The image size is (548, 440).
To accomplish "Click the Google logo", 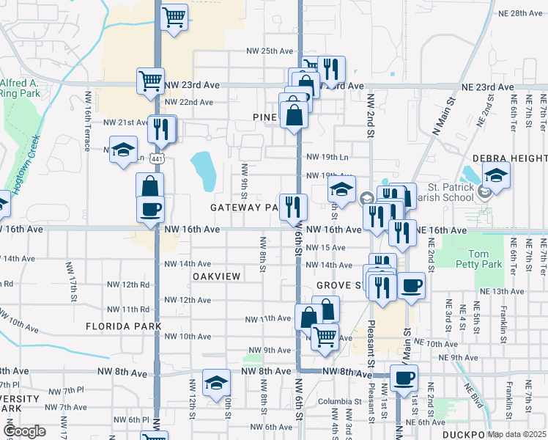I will [x=25, y=431].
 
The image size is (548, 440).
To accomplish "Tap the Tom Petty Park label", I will [x=489, y=260].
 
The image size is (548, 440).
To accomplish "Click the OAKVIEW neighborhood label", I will [x=217, y=276].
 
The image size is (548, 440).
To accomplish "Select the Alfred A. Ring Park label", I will [x=20, y=88].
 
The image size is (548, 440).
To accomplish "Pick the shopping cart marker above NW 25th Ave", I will [x=174, y=18].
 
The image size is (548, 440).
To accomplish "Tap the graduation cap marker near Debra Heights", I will [x=497, y=176].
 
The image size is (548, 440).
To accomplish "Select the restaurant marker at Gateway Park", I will [x=293, y=206].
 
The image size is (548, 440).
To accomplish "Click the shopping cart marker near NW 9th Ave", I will [x=325, y=337].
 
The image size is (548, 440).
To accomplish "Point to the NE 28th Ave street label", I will [x=519, y=14].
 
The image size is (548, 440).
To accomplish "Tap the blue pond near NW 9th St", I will [x=203, y=169].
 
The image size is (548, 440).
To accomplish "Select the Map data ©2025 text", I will [x=517, y=434].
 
